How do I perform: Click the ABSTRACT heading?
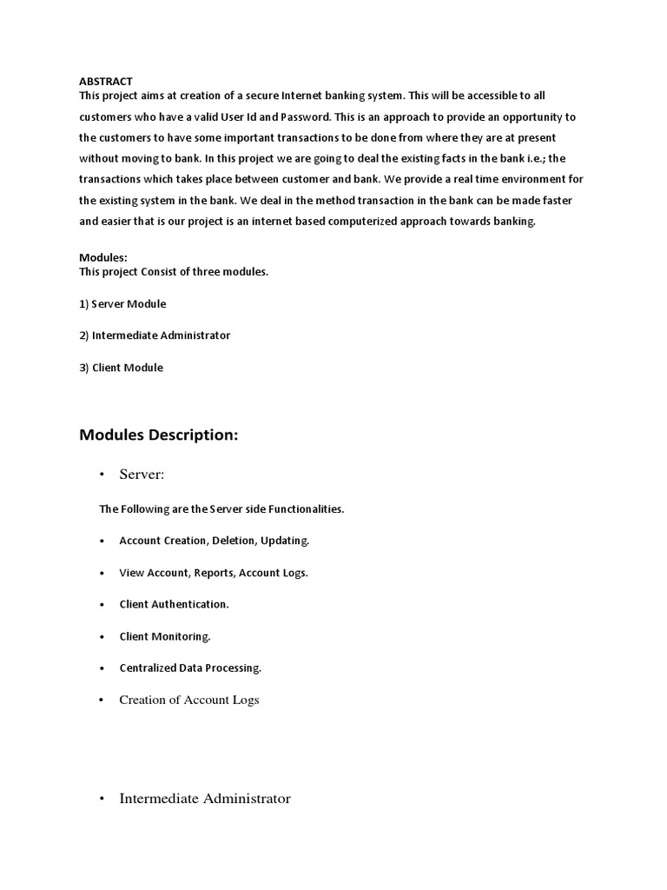105,82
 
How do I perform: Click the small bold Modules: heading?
103,258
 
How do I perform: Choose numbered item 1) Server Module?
122,304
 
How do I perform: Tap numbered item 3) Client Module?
121,368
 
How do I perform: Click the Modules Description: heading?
158,435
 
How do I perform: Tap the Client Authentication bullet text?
174,604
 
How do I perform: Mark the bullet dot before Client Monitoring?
102,636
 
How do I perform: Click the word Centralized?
148,667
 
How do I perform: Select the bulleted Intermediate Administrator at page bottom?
205,798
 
